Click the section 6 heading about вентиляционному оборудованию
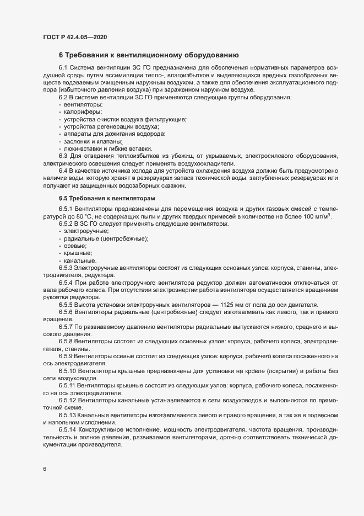pyautogui.click(x=148, y=55)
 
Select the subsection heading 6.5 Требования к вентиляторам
pyautogui.click(x=107, y=198)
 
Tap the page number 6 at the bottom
pyautogui.click(x=45, y=469)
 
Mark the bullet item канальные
pyautogui.click(x=80, y=260)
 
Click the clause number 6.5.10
pyautogui.click(x=68, y=371)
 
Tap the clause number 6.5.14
pyautogui.click(x=68, y=429)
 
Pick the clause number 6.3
pyautogui.click(x=63, y=156)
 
